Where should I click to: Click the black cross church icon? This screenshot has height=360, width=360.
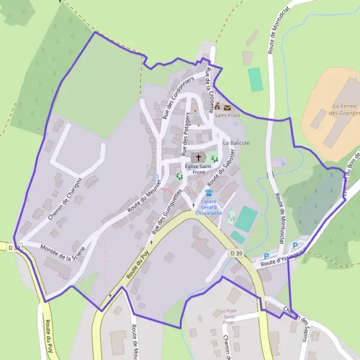click(199, 157)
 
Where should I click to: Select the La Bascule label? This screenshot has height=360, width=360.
click(235, 143)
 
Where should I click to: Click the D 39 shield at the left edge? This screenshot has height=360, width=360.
click(14, 247)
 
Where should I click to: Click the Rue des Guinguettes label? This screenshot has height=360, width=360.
click(166, 211)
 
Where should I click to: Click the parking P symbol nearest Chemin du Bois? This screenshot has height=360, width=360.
click(295, 245)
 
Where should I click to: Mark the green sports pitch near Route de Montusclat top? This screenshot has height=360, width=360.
click(256, 79)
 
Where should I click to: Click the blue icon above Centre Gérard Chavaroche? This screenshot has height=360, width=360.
click(209, 193)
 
